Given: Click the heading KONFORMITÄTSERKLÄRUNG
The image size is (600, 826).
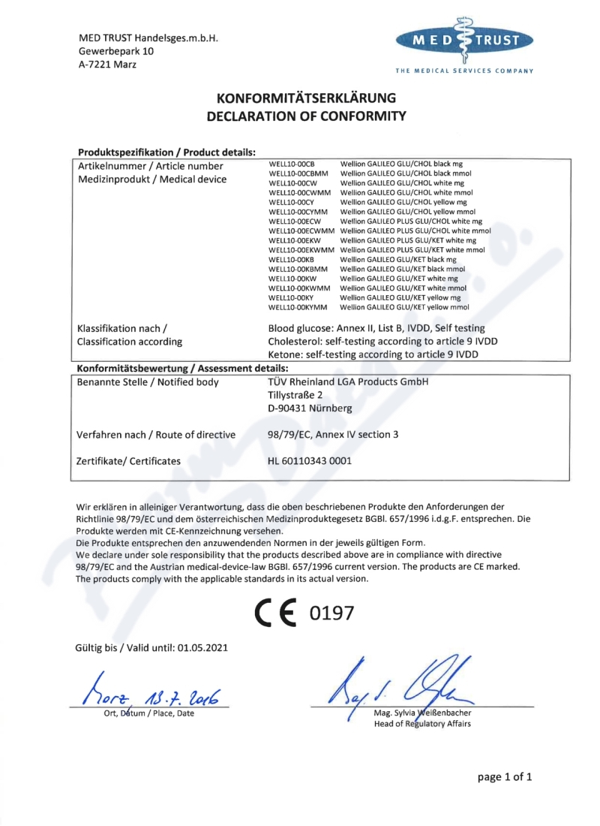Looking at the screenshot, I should (306, 98).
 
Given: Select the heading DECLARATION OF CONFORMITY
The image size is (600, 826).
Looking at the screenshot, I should (306, 116).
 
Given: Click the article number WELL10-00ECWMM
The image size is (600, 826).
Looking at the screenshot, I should (301, 231).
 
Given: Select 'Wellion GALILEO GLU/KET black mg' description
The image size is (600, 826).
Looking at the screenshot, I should (398, 259).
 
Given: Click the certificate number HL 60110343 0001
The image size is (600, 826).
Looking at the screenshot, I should (310, 461).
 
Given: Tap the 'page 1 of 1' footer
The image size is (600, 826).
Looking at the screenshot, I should (505, 777).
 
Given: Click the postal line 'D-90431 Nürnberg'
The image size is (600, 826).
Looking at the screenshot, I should (309, 408).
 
